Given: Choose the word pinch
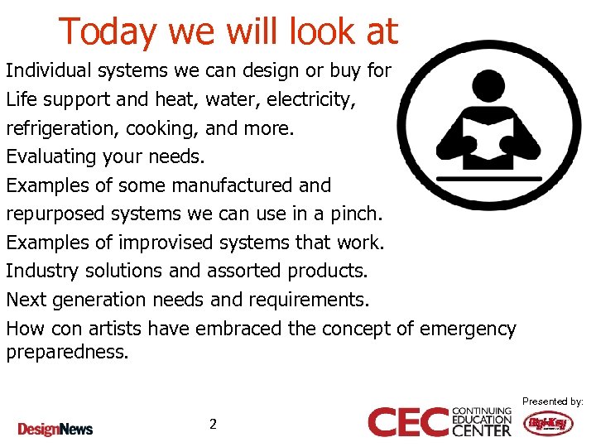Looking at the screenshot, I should click(x=358, y=214).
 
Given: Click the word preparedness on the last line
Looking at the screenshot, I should click(x=67, y=352).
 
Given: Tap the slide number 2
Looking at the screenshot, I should click(x=213, y=424).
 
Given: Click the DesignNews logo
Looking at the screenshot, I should click(x=55, y=429).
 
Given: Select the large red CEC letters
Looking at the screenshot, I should click(x=409, y=421).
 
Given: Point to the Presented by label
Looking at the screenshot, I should click(x=552, y=401).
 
